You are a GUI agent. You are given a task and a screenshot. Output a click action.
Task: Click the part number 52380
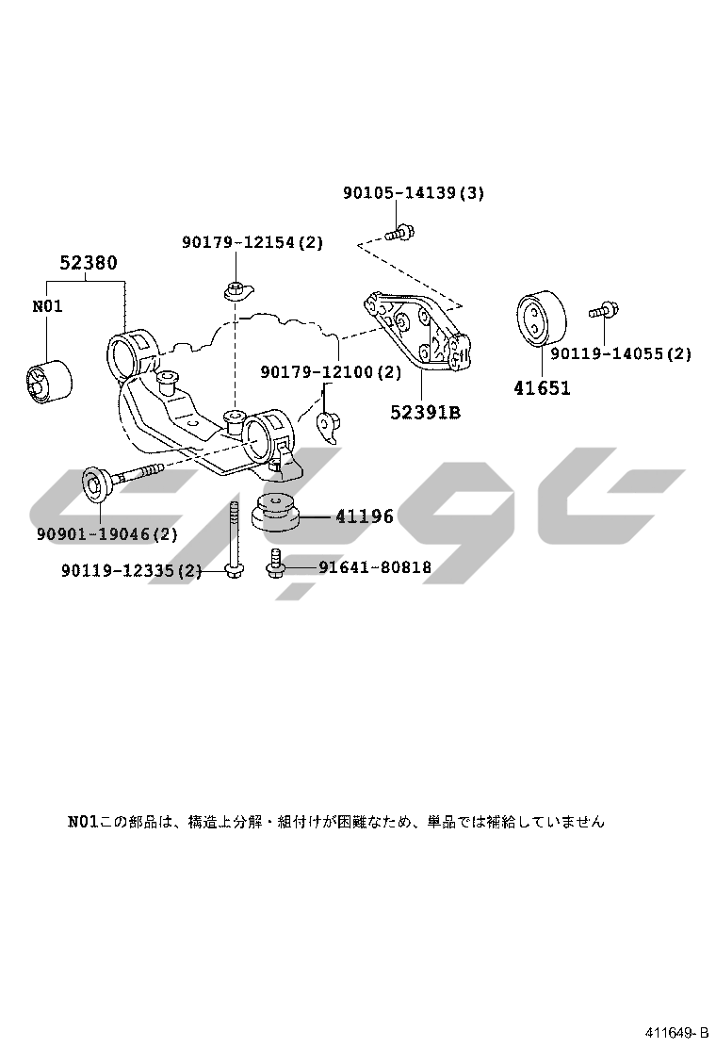(89, 263)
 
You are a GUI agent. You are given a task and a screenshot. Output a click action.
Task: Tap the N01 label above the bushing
(47, 306)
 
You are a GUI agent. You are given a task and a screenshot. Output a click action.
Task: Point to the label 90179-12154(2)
(252, 242)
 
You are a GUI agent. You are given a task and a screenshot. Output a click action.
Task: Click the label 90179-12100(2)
(331, 373)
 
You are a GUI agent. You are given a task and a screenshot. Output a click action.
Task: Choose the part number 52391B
(426, 412)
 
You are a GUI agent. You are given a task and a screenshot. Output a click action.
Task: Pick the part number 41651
(542, 387)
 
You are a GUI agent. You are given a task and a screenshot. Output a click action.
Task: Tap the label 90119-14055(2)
(621, 354)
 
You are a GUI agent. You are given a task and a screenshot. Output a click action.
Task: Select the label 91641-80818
(374, 567)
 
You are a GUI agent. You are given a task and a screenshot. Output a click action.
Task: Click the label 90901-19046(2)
(107, 534)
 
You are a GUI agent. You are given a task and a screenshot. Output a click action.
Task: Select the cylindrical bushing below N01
(46, 385)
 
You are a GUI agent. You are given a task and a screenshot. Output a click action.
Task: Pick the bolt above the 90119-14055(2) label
(602, 309)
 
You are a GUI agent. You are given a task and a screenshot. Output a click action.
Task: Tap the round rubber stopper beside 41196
(276, 512)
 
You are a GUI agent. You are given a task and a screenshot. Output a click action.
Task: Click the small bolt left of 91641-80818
(275, 564)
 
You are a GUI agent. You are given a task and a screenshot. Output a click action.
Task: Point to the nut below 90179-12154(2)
(236, 288)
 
